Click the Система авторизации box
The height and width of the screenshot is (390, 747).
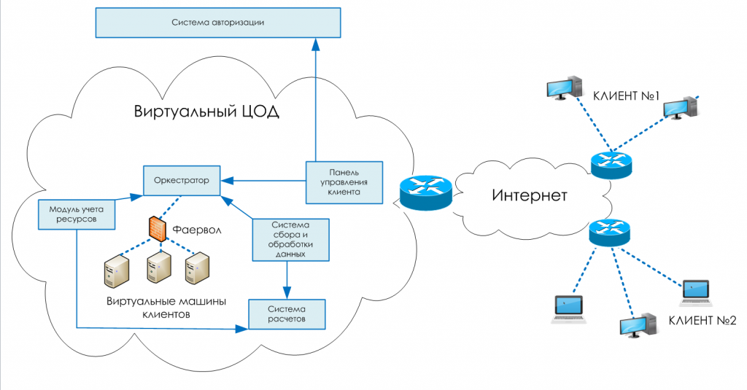219,23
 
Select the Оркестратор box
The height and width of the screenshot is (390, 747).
182,179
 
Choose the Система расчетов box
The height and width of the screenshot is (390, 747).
287,313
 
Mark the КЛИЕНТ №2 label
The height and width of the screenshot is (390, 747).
703,320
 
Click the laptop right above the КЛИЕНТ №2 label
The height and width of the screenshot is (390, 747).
696,292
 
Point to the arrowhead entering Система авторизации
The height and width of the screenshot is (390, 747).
316,44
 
